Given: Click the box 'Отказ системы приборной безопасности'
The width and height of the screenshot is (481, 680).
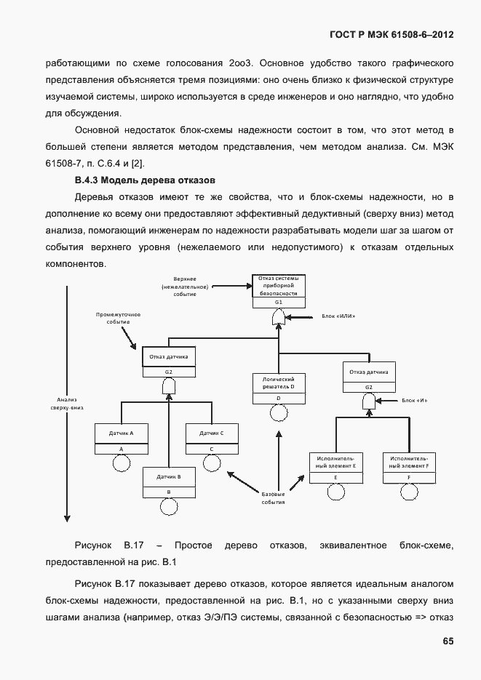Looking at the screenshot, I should click(x=279, y=287).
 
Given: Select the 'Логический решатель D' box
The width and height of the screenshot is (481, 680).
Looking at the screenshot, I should click(x=279, y=383).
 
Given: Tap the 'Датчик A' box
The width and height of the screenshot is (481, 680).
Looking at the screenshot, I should click(x=121, y=433).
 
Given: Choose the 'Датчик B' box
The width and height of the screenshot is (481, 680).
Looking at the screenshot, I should click(x=168, y=477).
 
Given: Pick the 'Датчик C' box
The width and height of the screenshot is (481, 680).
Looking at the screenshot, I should click(x=211, y=433).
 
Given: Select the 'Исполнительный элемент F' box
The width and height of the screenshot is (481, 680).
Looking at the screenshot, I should click(x=409, y=463).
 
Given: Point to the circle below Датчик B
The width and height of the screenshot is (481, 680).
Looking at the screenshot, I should click(x=168, y=508).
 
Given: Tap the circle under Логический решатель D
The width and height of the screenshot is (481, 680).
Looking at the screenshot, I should click(x=279, y=413).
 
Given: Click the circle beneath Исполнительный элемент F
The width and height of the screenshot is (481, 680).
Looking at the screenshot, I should click(x=409, y=492).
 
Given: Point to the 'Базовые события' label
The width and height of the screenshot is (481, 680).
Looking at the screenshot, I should click(x=273, y=498).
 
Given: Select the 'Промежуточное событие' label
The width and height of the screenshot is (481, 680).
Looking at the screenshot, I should click(x=118, y=318).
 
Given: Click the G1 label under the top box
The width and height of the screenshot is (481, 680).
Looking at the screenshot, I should click(x=279, y=302).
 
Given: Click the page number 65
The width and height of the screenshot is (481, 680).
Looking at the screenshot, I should click(x=448, y=641).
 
